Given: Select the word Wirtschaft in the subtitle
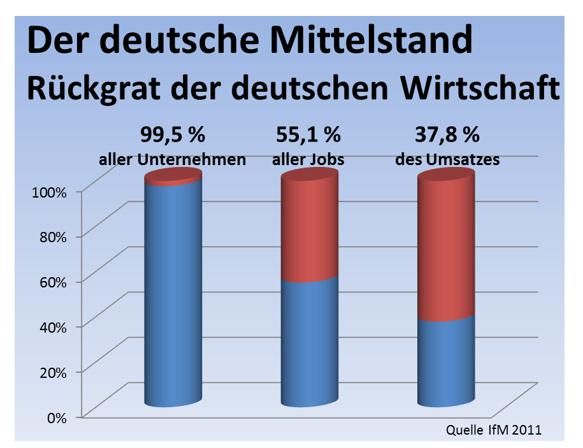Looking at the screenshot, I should (480, 88).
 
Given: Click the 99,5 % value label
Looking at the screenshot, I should (171, 136).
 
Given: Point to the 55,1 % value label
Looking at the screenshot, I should (308, 136).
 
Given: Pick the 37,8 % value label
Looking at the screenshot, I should (447, 136).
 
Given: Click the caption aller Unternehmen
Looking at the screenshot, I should (172, 159).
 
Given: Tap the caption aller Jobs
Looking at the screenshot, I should (308, 160).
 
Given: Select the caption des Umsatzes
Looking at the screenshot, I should (447, 159).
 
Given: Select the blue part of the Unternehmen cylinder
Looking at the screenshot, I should (173, 293).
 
